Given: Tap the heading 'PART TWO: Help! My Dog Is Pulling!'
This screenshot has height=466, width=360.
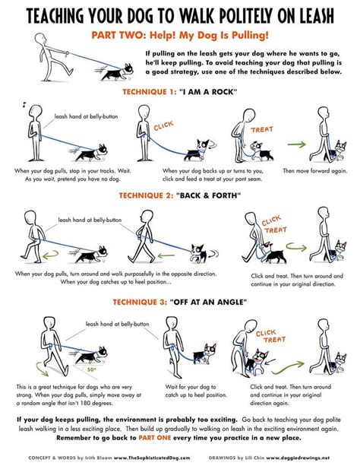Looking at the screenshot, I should (x=180, y=36).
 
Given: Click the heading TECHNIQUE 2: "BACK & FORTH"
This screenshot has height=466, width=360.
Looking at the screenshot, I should (x=180, y=195).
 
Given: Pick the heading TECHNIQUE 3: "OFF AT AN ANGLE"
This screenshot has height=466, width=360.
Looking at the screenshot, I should (x=180, y=300).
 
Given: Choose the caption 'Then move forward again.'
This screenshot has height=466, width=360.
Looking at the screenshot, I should (x=314, y=171).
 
